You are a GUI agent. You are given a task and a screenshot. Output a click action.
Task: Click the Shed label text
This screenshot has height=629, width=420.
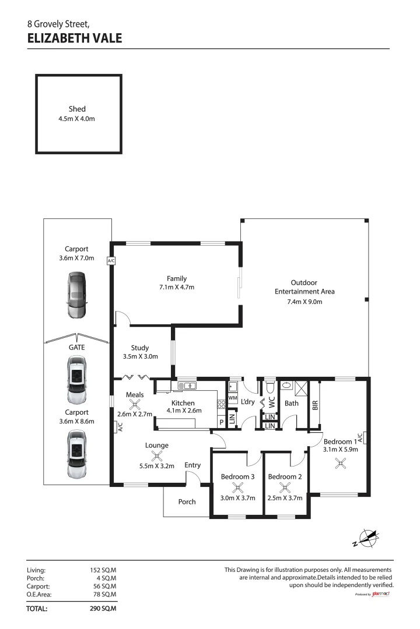77,109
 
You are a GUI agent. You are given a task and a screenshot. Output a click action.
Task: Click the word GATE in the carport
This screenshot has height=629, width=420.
77,347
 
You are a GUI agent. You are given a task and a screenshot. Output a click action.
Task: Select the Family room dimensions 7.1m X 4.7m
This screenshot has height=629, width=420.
176,287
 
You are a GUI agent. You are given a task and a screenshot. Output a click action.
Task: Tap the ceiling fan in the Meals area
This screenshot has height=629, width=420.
135,405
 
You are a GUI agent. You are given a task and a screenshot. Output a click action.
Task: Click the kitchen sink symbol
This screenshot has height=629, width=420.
188,385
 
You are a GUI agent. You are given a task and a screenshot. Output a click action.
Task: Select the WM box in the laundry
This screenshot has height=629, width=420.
232,398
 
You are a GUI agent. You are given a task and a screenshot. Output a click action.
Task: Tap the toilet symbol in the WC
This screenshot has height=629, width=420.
271,386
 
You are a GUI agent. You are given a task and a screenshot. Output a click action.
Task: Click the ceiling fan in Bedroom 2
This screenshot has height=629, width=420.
284,486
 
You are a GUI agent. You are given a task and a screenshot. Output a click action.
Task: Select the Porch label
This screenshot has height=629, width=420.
187,501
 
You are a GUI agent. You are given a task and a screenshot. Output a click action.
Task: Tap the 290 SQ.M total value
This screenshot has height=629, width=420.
103,609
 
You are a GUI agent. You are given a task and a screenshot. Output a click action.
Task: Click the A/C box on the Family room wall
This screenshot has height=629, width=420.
111,262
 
